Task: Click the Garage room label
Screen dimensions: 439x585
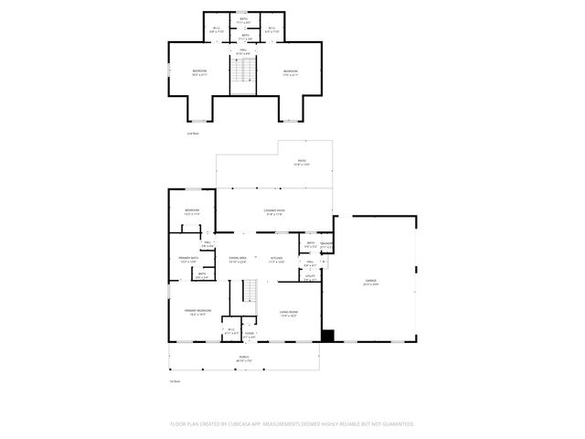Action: pyautogui.click(x=371, y=283)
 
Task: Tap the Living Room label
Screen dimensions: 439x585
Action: pyautogui.click(x=288, y=314)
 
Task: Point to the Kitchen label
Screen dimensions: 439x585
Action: pyautogui.click(x=276, y=260)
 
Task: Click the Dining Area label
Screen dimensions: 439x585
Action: pyautogui.click(x=238, y=260)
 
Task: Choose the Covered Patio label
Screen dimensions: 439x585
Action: pyautogui.click(x=274, y=211)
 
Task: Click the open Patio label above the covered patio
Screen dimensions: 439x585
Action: pyautogui.click(x=301, y=163)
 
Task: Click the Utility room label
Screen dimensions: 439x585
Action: pyautogui.click(x=311, y=277)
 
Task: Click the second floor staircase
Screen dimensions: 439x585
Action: pyautogui.click(x=242, y=76)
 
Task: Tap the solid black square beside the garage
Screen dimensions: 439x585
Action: pyautogui.click(x=327, y=336)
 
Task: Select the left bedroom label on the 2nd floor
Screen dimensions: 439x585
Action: pyautogui.click(x=199, y=72)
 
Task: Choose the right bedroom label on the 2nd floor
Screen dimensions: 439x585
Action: pyautogui.click(x=290, y=72)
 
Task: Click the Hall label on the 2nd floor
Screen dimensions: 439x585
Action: pyautogui.click(x=243, y=50)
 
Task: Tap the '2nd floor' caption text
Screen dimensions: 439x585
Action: pyautogui.click(x=193, y=134)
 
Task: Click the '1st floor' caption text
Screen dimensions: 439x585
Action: pyautogui.click(x=175, y=380)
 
